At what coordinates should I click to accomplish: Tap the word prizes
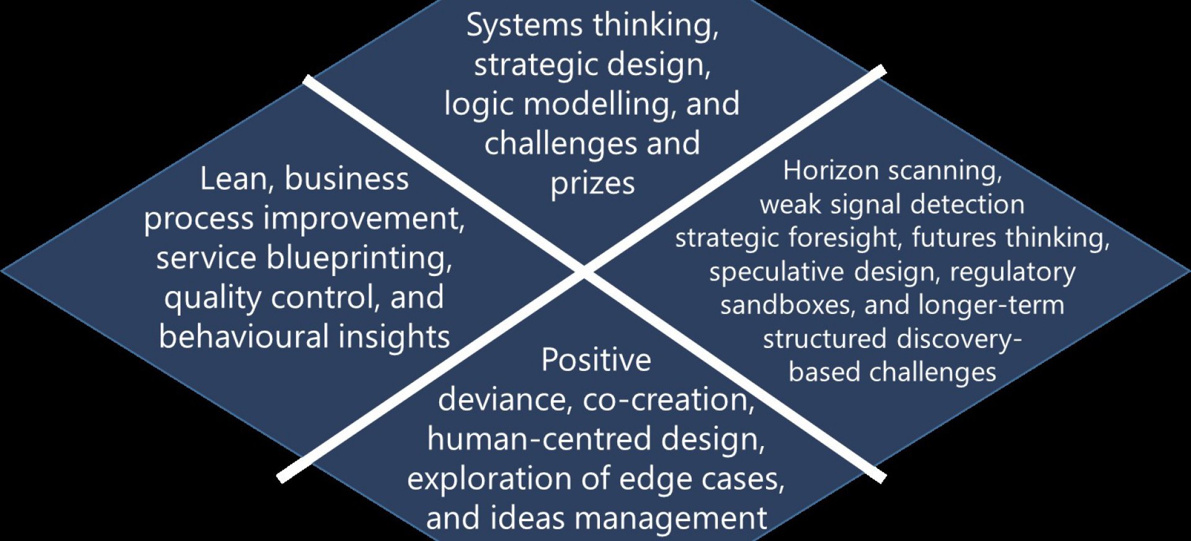(592, 184)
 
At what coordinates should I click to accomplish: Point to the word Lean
(233, 179)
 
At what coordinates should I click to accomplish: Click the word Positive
(595, 360)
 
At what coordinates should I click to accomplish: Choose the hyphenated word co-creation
(668, 400)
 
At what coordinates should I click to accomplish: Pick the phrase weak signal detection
(892, 205)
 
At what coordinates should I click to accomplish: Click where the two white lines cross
(583, 271)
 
